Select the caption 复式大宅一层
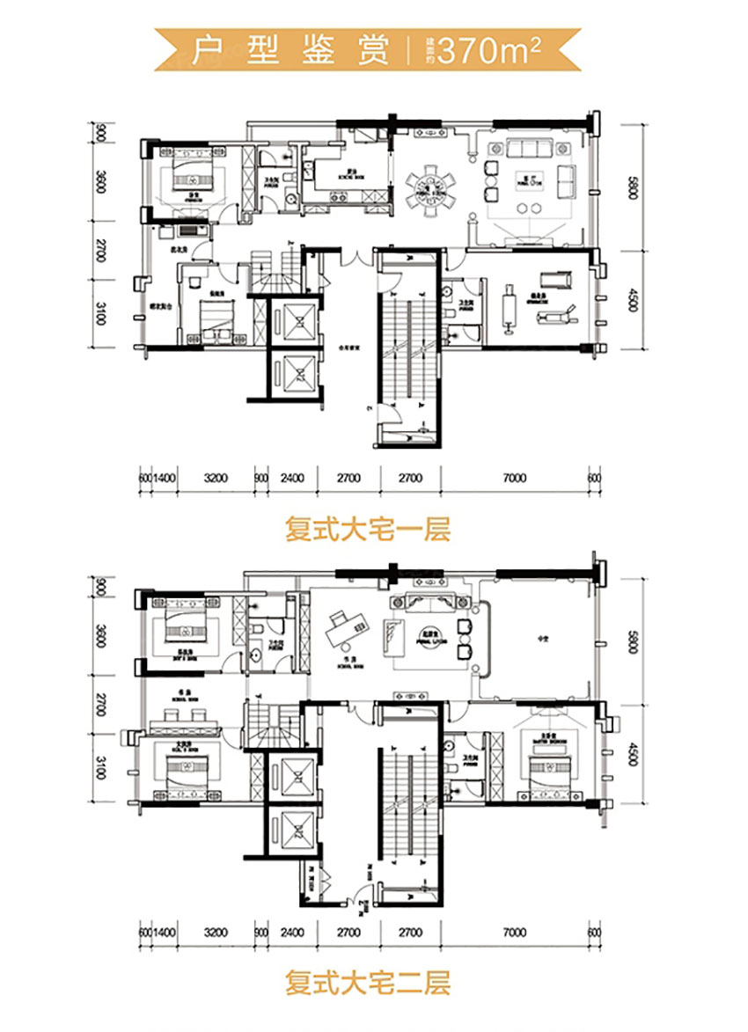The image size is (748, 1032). tap(367, 531)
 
